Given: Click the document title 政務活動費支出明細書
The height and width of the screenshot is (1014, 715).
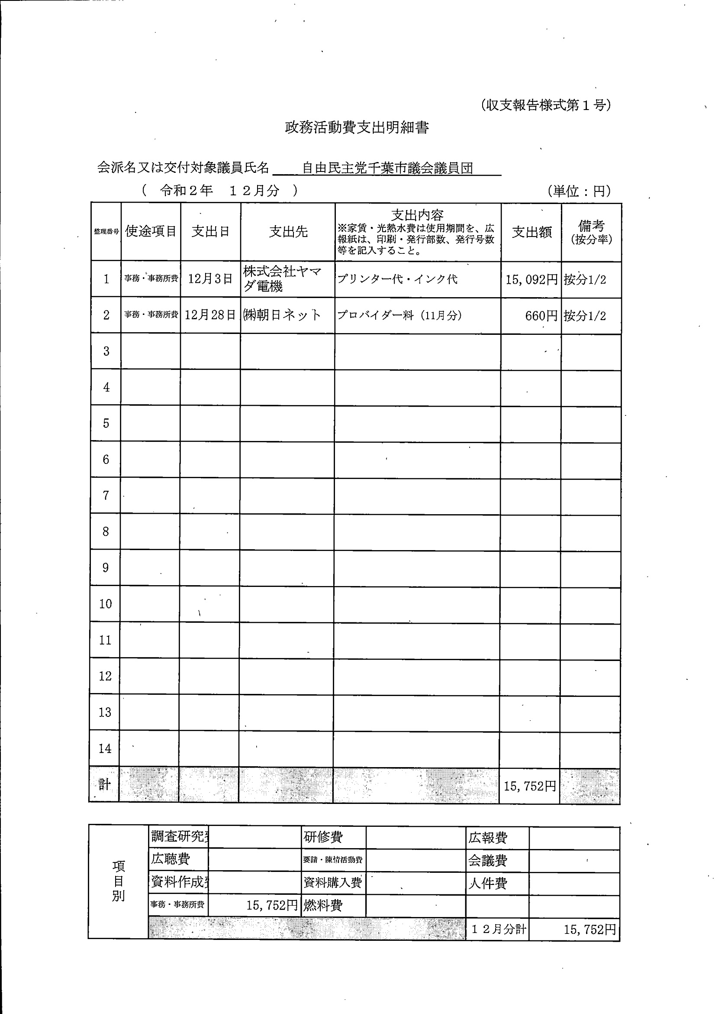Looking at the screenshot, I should point(357,128).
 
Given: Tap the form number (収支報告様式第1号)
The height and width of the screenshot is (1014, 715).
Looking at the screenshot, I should point(545,105).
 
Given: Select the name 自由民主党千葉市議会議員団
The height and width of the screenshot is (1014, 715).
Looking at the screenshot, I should point(387,168).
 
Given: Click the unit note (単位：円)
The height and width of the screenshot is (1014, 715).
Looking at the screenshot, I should point(580,191).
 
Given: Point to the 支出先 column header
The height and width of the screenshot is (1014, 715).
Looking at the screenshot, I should point(288,231).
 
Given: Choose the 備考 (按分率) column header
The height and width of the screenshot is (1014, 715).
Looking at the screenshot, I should point(591,232).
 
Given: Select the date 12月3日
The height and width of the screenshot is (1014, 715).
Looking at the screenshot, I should point(210,279).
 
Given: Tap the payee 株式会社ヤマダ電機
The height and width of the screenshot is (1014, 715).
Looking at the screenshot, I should point(283,278).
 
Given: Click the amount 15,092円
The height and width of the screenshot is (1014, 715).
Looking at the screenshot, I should point(531,279).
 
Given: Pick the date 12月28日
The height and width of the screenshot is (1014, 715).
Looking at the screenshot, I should point(210,315).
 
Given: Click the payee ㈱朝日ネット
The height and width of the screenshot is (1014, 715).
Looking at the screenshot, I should point(282,315).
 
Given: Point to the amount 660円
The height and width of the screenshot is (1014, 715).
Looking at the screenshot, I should point(541,316).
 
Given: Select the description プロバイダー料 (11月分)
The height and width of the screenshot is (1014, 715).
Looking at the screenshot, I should point(399,315).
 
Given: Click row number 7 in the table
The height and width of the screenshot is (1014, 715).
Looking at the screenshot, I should point(106,496).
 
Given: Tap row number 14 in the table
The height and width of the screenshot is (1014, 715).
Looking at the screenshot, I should point(105,748).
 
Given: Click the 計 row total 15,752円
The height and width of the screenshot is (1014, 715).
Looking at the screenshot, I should point(530,786).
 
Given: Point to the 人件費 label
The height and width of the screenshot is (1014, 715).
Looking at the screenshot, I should point(488,883).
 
